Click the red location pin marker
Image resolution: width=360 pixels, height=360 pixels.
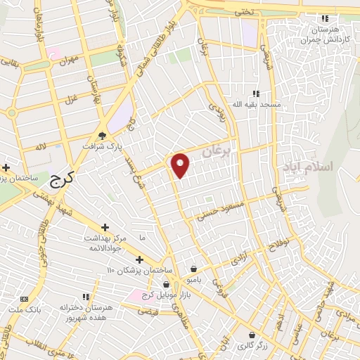(x=181, y=165)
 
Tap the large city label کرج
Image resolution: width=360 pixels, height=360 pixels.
(x=62, y=180)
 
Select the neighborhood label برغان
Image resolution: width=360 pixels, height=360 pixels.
(x=216, y=150)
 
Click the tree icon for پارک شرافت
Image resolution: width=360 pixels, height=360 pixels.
(x=103, y=136)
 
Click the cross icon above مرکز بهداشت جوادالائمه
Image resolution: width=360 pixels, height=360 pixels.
(x=105, y=227)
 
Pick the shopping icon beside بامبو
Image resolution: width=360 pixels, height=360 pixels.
(x=193, y=268)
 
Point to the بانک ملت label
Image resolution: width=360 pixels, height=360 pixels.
(x=25, y=309)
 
